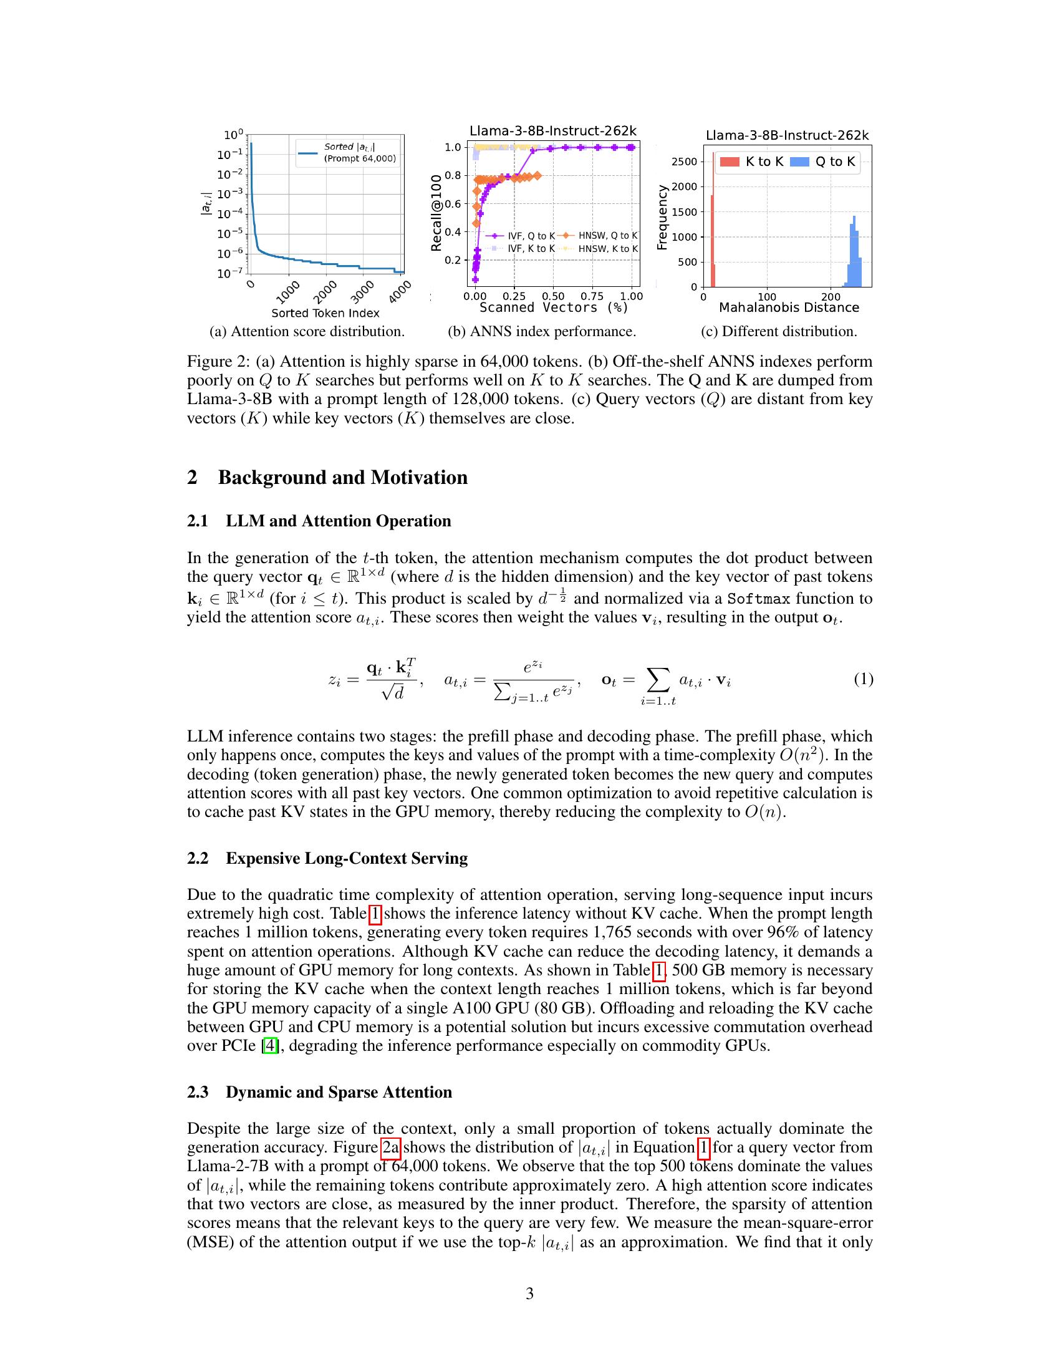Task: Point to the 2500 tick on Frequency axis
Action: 685,162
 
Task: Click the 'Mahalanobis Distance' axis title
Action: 789,308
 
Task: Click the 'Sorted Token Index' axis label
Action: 325,313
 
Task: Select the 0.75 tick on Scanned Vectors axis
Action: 592,296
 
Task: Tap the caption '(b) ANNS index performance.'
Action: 541,332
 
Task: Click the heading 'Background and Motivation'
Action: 342,478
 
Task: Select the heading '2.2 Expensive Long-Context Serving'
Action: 327,858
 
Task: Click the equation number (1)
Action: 863,679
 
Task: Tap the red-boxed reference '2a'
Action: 390,1147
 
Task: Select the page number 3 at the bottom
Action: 529,1293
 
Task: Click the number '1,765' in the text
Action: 612,932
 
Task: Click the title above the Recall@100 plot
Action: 552,131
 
